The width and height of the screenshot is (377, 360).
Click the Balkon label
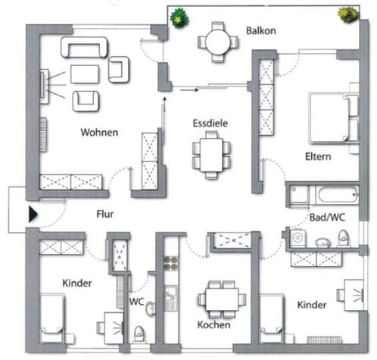(x=260, y=31)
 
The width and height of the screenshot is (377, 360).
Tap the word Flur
(x=104, y=214)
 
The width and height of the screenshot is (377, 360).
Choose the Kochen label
(x=213, y=324)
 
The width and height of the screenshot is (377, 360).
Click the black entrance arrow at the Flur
(x=33, y=214)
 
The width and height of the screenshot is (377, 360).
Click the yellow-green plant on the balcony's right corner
(x=347, y=14)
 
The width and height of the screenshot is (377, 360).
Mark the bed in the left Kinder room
(x=55, y=318)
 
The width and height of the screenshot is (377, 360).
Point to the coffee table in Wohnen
(x=85, y=74)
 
